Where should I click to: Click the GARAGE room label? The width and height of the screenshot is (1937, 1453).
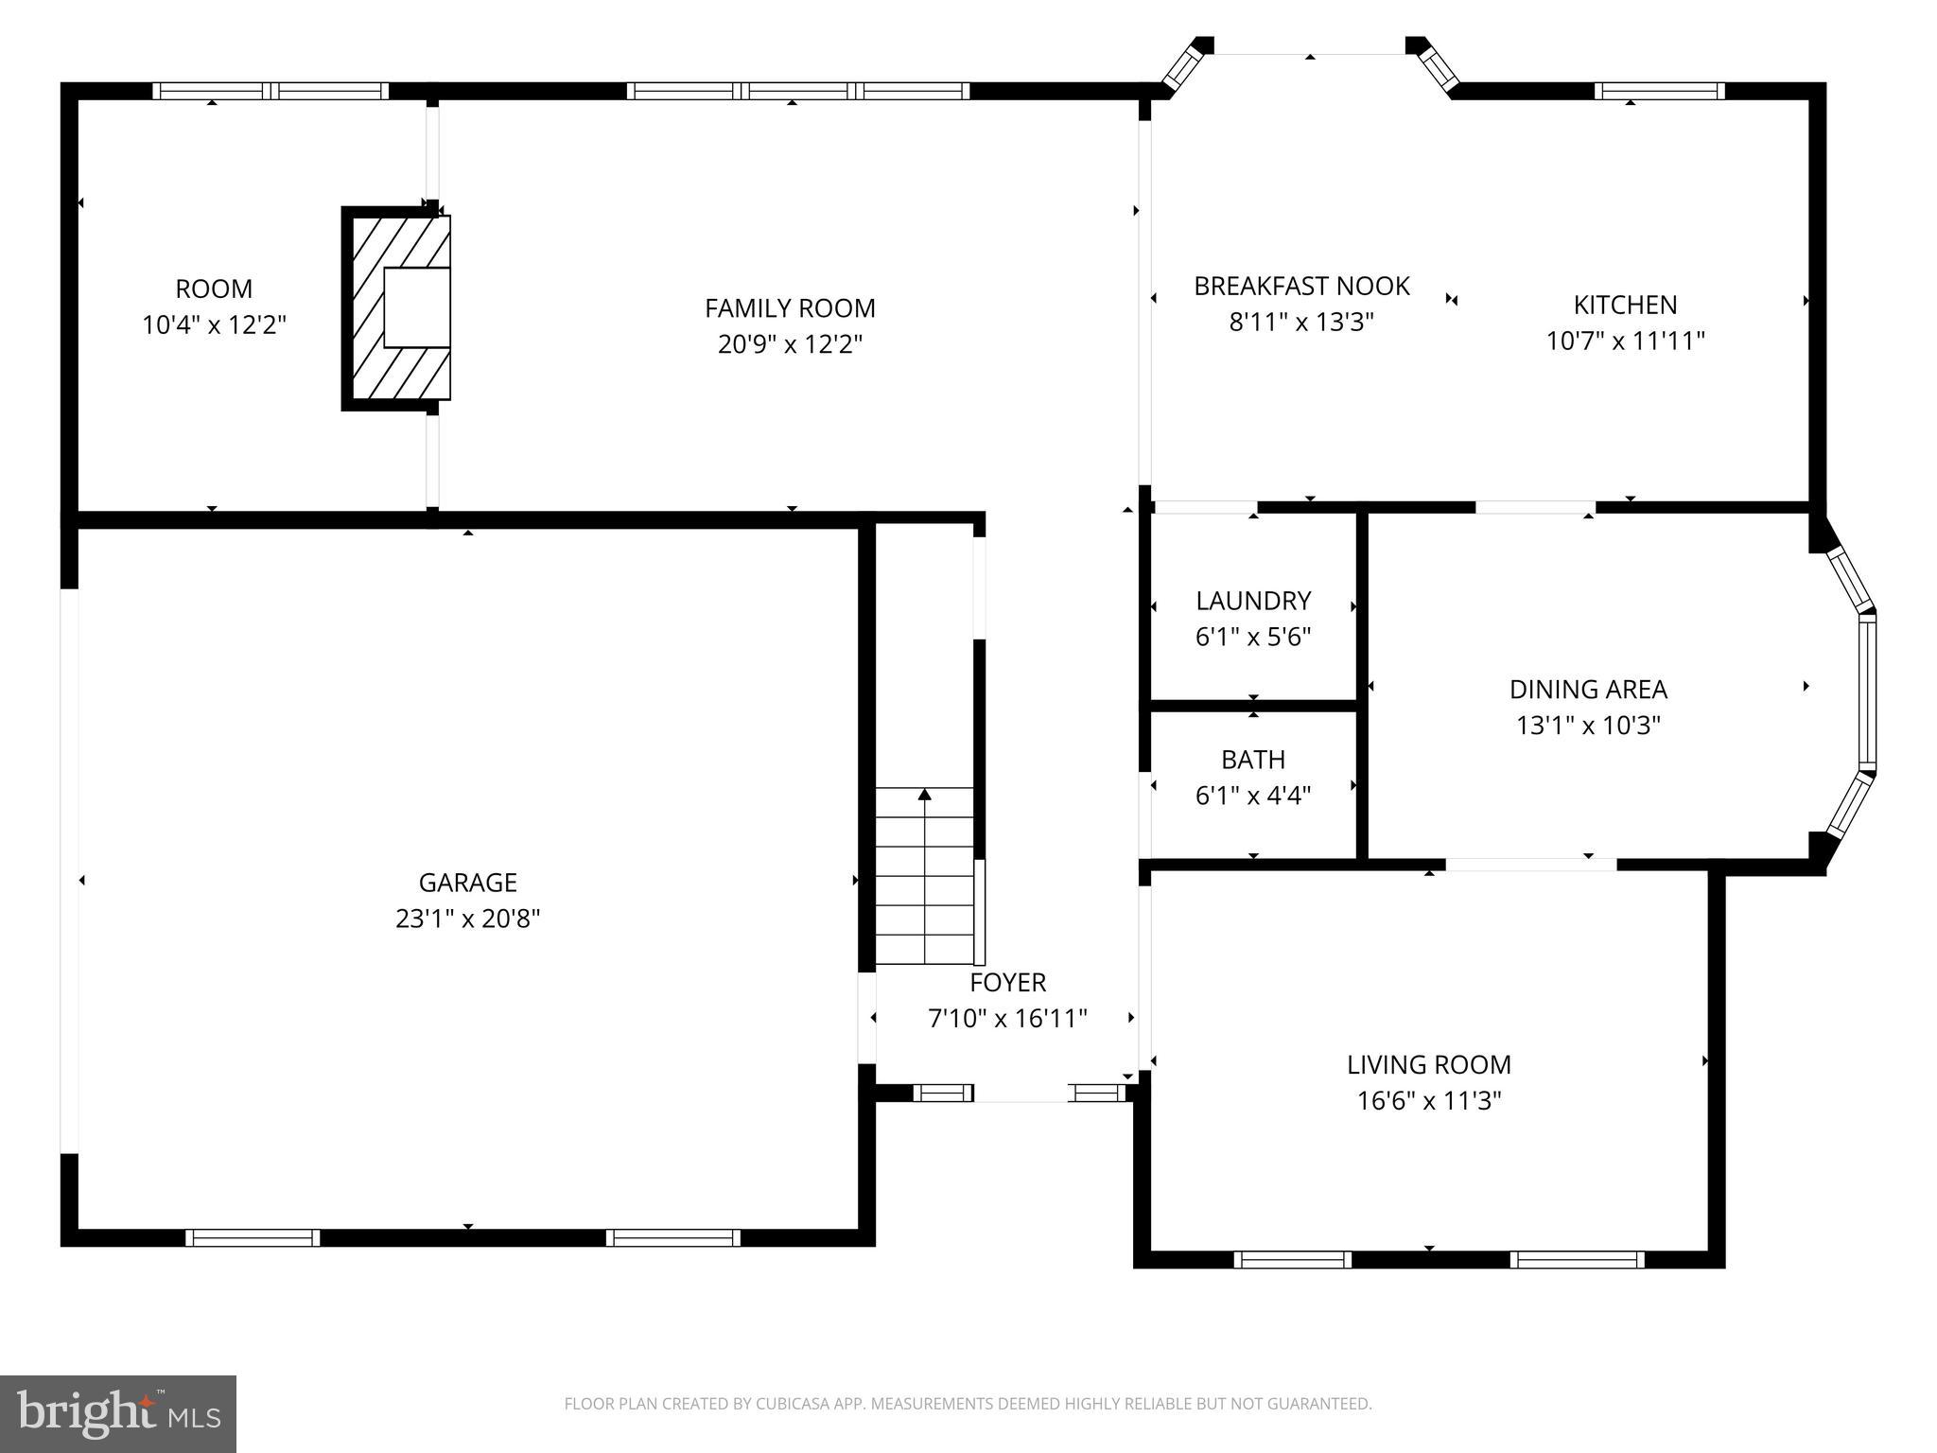[x=467, y=883]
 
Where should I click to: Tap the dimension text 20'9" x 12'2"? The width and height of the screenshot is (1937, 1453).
[x=790, y=344]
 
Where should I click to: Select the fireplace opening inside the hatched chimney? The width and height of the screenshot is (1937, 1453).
[x=416, y=307]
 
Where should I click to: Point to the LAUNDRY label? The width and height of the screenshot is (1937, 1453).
[x=1253, y=601]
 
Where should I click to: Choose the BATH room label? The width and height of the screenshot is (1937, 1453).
[x=1253, y=760]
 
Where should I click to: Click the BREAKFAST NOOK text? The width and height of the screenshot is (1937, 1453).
[x=1301, y=286]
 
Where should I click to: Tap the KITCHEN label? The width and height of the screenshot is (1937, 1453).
[x=1625, y=305]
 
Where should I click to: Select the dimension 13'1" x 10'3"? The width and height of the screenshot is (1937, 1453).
[x=1588, y=726]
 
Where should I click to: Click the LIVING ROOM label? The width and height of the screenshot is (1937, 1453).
[x=1428, y=1065]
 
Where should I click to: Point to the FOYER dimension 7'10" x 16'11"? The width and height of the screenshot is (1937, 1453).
[x=1007, y=1019]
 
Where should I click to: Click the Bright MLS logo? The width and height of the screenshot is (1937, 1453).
[x=118, y=1413]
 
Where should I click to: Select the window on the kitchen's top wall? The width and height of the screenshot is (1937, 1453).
[x=1659, y=91]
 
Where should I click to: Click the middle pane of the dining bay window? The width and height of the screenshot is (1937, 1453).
[x=1867, y=692]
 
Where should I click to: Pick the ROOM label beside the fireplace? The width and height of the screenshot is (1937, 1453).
[x=214, y=289]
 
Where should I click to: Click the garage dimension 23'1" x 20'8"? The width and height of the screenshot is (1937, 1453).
[x=467, y=919]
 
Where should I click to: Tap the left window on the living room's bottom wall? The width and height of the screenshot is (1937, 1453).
[x=1292, y=1259]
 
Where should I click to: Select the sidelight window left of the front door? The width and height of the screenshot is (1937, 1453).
[x=942, y=1094]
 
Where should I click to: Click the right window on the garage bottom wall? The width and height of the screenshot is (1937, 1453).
[x=672, y=1237]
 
